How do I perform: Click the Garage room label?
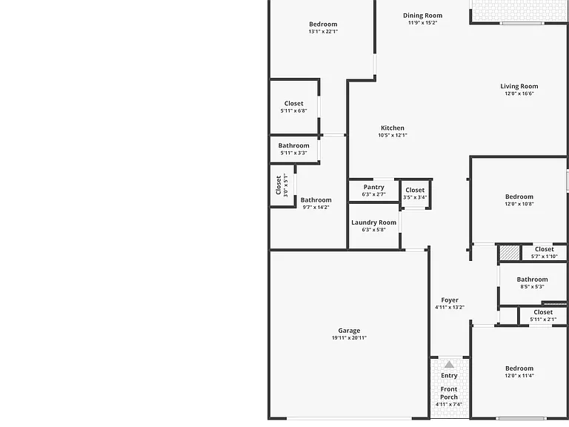click(349, 331)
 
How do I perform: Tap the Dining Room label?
click(423, 16)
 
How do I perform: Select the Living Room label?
click(519, 87)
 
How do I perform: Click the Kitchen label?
click(393, 128)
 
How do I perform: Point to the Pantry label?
click(373, 187)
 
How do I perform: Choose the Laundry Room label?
click(373, 222)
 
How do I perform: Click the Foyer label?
click(450, 300)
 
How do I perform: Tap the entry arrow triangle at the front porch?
click(449, 365)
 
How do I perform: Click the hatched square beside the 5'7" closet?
click(510, 253)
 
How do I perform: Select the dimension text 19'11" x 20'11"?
click(349, 338)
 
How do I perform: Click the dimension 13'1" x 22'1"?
click(323, 32)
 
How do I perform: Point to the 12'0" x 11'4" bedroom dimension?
click(519, 376)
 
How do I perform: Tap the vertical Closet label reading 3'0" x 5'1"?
click(279, 185)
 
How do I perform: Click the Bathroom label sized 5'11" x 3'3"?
click(294, 145)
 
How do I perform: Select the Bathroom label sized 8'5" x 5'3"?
click(533, 279)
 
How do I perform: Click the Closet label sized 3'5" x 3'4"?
click(415, 191)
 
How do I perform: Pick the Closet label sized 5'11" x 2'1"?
click(543, 312)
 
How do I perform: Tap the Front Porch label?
click(449, 393)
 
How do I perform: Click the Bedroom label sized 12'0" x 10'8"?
click(519, 196)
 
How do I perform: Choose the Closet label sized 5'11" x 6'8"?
click(294, 104)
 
